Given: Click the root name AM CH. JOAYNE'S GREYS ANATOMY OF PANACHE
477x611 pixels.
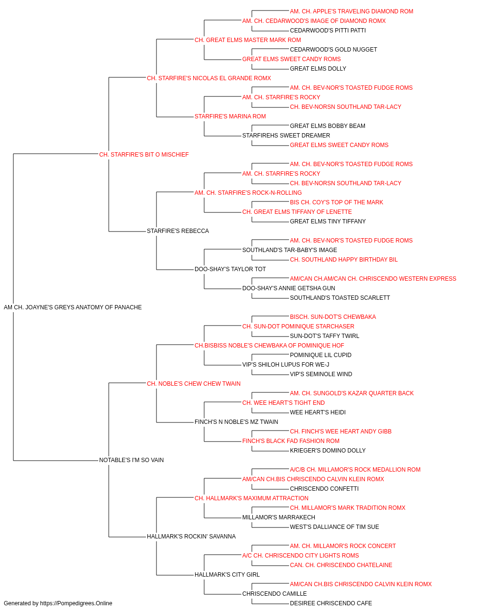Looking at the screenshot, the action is [x=73, y=307].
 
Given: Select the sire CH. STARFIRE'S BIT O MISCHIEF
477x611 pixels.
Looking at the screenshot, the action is [x=144, y=155].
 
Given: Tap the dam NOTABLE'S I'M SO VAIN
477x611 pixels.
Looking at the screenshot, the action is [x=132, y=460].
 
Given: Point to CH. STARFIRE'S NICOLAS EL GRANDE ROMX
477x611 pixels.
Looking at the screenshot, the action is [x=209, y=78].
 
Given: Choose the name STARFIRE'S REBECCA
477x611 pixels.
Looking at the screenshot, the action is [x=178, y=231].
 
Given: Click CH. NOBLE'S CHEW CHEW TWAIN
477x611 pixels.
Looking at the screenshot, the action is [x=194, y=384].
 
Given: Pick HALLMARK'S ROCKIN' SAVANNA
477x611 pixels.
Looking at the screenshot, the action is [x=191, y=537].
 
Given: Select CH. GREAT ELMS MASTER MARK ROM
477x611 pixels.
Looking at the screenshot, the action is [x=248, y=40].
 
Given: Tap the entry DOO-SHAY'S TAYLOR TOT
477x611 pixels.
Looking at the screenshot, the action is [x=230, y=269].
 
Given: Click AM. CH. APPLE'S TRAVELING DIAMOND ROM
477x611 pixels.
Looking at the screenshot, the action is [x=352, y=11].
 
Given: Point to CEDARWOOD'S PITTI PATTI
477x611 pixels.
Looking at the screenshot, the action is [x=328, y=31].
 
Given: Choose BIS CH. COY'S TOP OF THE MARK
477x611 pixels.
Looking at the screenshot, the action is [x=337, y=202].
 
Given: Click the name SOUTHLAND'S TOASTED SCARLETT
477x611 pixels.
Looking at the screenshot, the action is [x=340, y=298].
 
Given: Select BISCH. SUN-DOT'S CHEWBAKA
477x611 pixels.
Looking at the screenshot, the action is [x=333, y=317].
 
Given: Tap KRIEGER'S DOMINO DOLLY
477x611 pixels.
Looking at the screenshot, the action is [x=328, y=451].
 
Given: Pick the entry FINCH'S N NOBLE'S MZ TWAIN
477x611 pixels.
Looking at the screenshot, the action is [x=236, y=422].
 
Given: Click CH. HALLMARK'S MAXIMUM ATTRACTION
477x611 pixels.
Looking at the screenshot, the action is [x=251, y=498].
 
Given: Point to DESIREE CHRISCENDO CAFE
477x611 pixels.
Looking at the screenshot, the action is [x=331, y=603].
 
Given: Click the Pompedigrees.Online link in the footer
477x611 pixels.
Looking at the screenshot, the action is [x=76, y=603].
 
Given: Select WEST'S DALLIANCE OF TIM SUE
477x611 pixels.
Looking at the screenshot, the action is [x=334, y=527].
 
